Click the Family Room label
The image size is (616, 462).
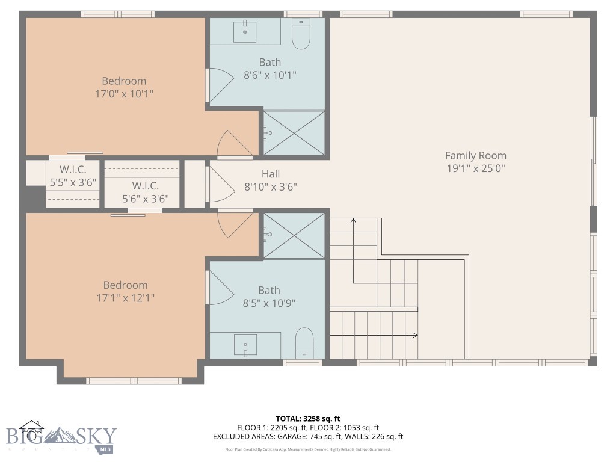pos(475,156)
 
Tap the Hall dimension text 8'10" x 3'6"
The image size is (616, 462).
pos(270,186)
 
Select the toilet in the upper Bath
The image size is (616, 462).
pos(300,35)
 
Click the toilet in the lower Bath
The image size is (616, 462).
pos(304,343)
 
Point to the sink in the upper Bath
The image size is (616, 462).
pos(245,31)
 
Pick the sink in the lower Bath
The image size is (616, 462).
pos(245,345)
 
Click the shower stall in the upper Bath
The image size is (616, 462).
pos(294,133)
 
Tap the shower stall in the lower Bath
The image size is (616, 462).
pos(294,235)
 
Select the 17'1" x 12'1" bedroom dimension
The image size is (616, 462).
pos(125,298)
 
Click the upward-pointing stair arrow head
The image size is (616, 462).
pos(353,221)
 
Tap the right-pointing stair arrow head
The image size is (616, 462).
pos(415,335)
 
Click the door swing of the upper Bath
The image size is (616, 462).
pos(219,85)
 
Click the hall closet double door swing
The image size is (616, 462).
pos(218,184)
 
